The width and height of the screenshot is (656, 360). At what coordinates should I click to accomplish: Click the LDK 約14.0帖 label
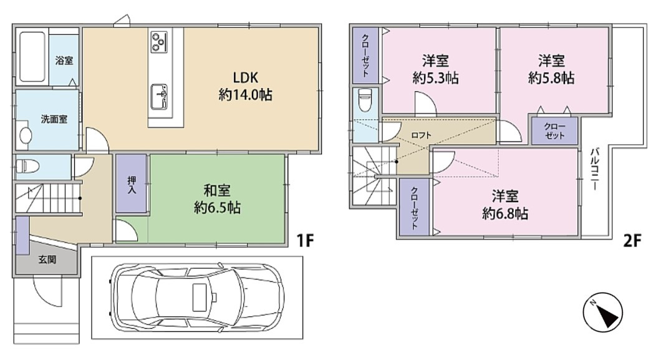(245, 86)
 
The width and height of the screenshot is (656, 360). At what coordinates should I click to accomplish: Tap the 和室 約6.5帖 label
(217, 199)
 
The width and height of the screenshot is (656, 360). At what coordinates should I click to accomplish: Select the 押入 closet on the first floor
(132, 184)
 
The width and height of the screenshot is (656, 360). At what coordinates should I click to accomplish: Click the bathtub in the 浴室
(32, 57)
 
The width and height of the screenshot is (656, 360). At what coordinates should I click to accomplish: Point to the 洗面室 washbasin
(26, 135)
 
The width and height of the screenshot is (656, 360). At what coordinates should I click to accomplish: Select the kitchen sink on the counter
(158, 97)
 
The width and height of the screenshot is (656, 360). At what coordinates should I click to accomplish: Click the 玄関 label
(47, 260)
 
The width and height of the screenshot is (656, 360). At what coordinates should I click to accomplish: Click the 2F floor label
(632, 241)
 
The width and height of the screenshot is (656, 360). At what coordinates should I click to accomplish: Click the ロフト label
(421, 135)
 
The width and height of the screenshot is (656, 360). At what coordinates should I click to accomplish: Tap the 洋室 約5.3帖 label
(435, 69)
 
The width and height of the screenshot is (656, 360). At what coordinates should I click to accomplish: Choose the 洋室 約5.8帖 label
(551, 69)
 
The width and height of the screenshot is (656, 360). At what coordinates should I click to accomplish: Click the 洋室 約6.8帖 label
(505, 205)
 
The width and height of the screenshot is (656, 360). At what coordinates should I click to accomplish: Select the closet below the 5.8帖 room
(555, 131)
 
